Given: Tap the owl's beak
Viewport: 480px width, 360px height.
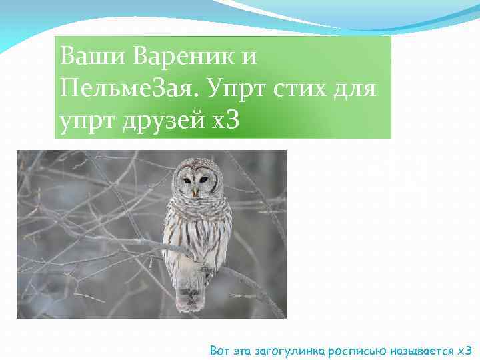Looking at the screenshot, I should (x=195, y=191).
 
